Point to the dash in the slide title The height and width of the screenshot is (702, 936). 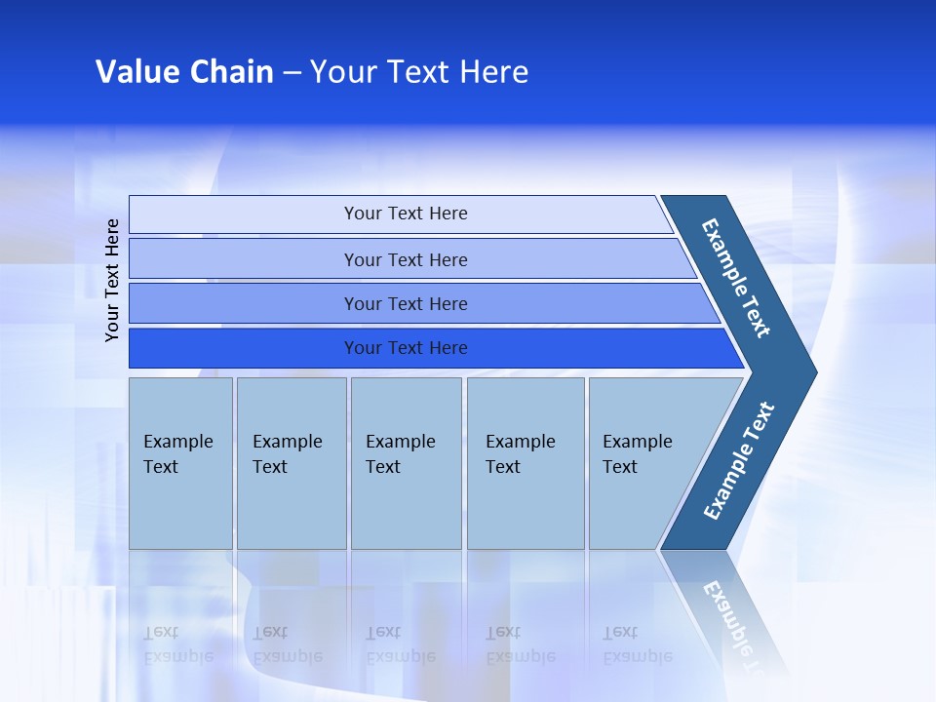coord(292,73)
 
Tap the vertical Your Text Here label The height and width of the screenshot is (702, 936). coord(112,280)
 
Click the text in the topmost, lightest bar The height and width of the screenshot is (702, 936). coord(406,214)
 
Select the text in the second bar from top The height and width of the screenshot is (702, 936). coord(406,260)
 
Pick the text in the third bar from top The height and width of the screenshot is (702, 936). coord(406,304)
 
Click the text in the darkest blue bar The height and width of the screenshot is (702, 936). coord(406,348)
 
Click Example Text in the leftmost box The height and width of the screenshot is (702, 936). coord(177,454)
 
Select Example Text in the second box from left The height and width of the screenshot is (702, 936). coord(287,454)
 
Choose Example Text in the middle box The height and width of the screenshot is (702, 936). coord(400,454)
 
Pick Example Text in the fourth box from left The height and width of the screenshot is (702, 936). coord(520,454)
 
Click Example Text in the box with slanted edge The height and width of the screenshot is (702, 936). coord(637,454)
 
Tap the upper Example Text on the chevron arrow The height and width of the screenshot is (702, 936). coord(736,278)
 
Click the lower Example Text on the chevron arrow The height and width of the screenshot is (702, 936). coord(739,460)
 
